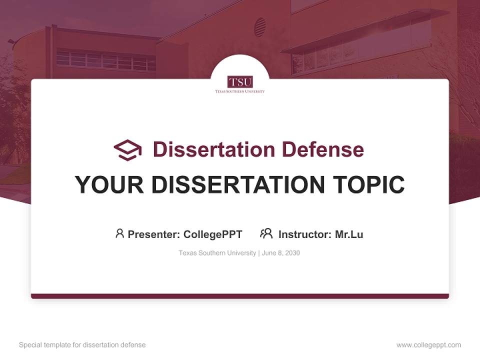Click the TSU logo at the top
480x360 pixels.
point(240,81)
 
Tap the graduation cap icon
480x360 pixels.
point(127,149)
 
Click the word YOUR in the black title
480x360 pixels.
point(109,185)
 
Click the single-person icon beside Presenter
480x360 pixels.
point(119,233)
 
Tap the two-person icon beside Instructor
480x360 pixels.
point(266,233)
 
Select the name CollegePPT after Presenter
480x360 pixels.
point(213,234)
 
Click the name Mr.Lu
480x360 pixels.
point(349,234)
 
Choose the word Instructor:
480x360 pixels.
point(305,234)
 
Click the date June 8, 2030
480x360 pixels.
point(280,253)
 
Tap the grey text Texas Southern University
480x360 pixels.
point(217,253)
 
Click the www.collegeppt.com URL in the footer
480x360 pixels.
point(428,345)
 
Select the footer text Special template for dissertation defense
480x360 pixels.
point(82,345)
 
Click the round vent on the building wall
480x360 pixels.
point(260,27)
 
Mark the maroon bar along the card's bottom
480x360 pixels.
point(240,296)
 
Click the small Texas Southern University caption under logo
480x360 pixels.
point(240,91)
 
